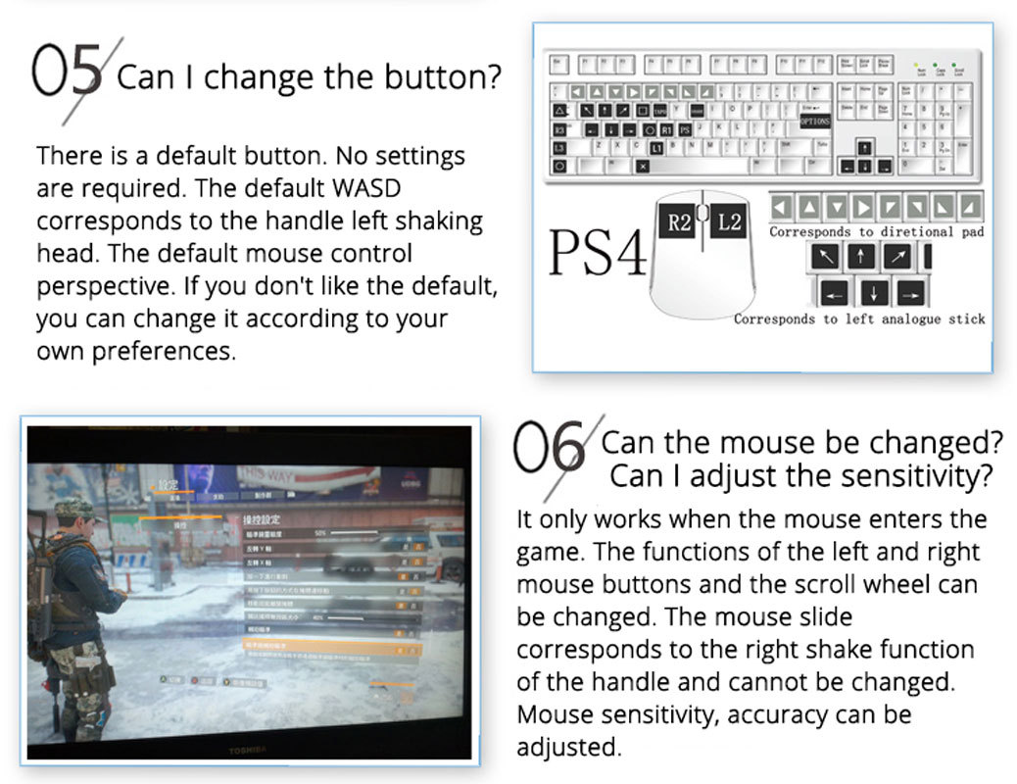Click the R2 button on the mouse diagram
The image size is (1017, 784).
click(678, 222)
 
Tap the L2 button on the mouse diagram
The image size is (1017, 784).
click(730, 222)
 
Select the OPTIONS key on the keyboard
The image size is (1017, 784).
click(814, 121)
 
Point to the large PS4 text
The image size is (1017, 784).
click(598, 253)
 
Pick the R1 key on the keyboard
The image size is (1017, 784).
click(666, 129)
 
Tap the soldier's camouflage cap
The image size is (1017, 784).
click(73, 509)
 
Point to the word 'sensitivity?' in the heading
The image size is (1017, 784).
click(910, 477)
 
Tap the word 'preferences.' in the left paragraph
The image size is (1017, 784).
click(136, 351)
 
